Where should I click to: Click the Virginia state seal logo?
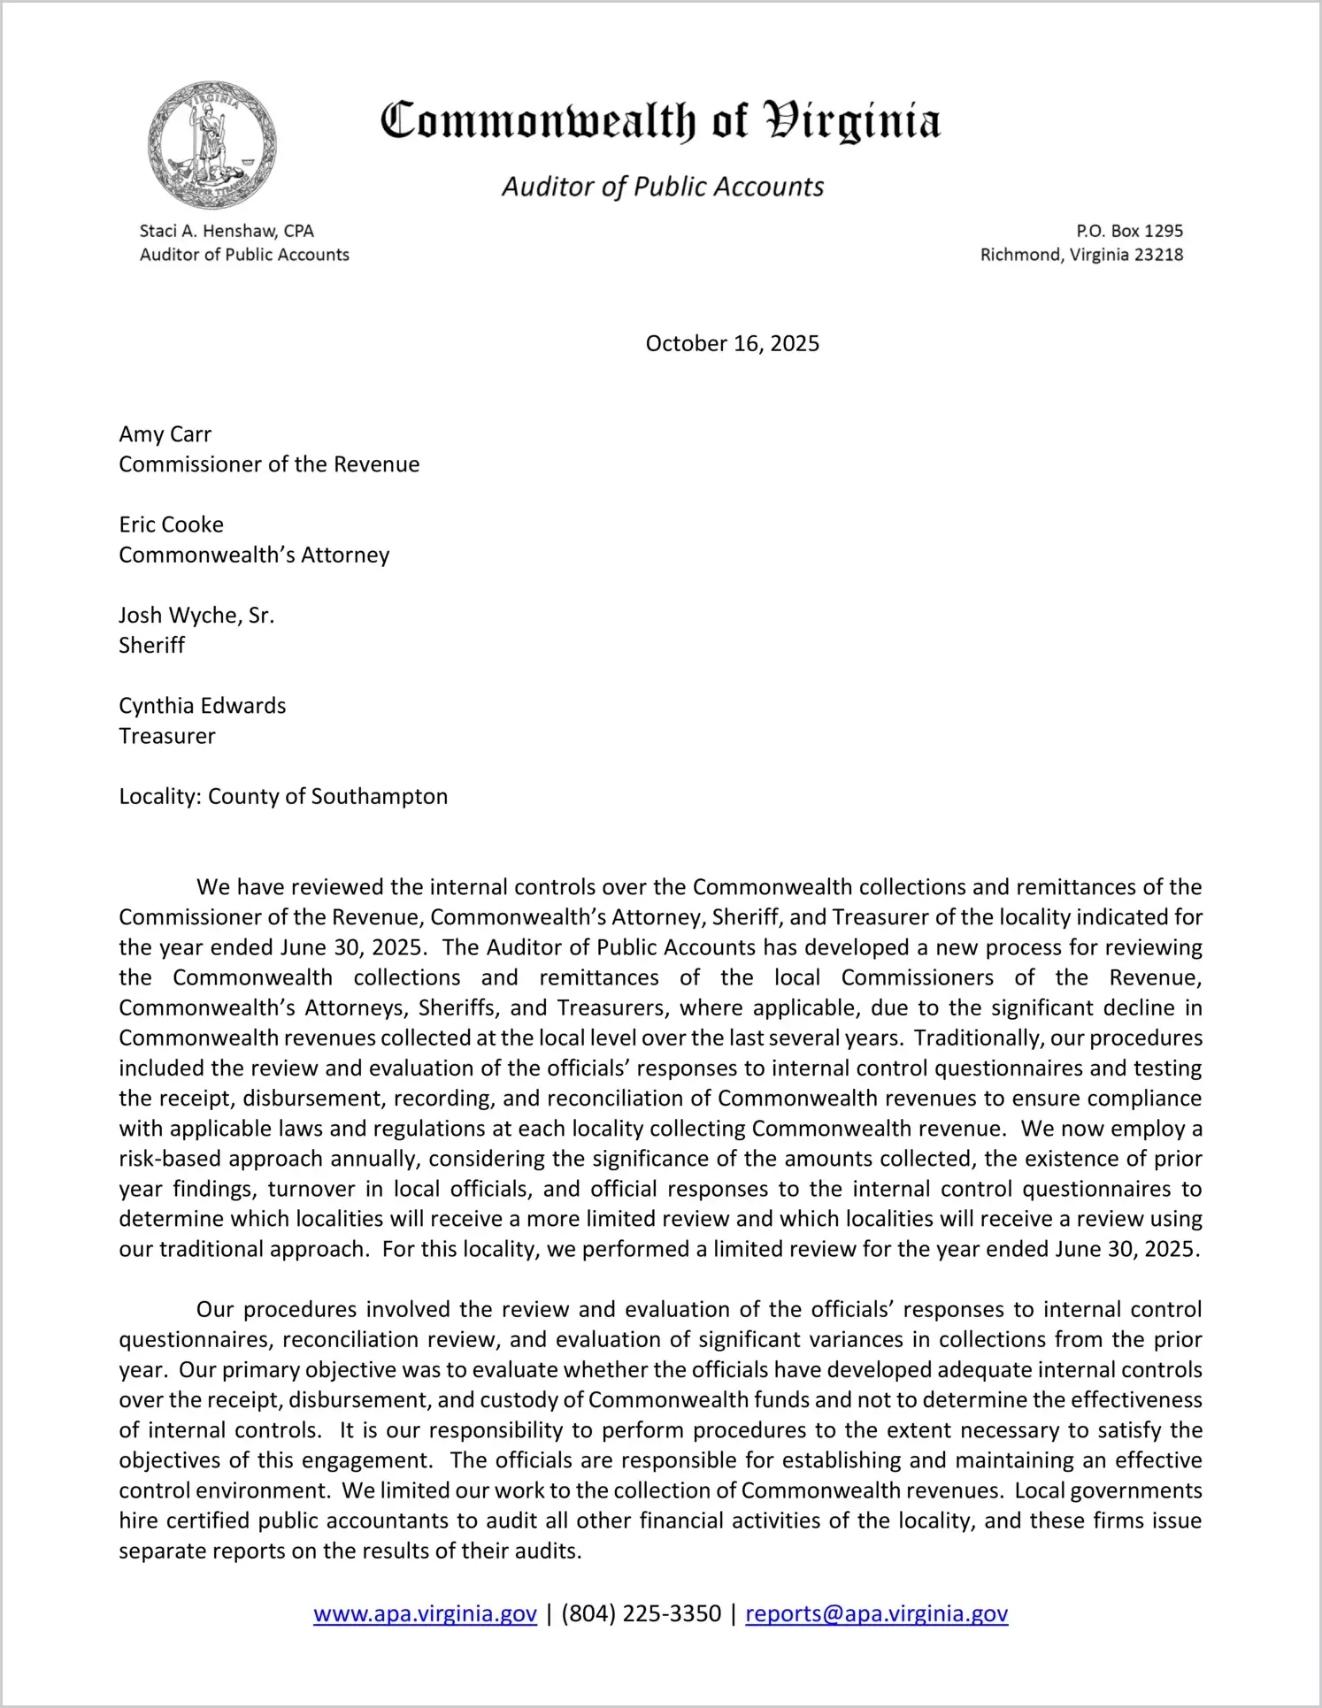pyautogui.click(x=212, y=146)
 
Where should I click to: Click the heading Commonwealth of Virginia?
pyautogui.click(x=660, y=121)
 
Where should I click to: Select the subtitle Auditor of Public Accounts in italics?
pyautogui.click(x=663, y=187)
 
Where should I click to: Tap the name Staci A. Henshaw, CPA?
pyautogui.click(x=227, y=231)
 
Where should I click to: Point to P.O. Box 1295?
pyautogui.click(x=1129, y=231)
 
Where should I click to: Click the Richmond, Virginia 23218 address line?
pyautogui.click(x=1081, y=255)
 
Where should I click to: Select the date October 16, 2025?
pyautogui.click(x=732, y=343)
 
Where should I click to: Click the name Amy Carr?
pyautogui.click(x=165, y=434)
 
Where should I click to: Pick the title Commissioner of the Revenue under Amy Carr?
pyautogui.click(x=269, y=464)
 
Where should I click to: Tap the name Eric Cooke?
pyautogui.click(x=172, y=525)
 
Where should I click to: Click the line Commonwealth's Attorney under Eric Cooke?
pyautogui.click(x=254, y=555)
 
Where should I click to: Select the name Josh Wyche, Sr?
pyautogui.click(x=196, y=615)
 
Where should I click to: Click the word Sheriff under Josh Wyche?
pyautogui.click(x=152, y=645)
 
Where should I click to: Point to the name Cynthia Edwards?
pyautogui.click(x=203, y=706)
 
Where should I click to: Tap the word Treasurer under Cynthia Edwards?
pyautogui.click(x=167, y=736)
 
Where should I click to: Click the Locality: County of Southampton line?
pyautogui.click(x=283, y=796)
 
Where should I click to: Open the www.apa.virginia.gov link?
pyautogui.click(x=425, y=1613)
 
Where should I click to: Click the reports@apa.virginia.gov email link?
pyautogui.click(x=876, y=1613)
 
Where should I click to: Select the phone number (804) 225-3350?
pyautogui.click(x=641, y=1613)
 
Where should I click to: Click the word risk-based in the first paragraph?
pyautogui.click(x=169, y=1159)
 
